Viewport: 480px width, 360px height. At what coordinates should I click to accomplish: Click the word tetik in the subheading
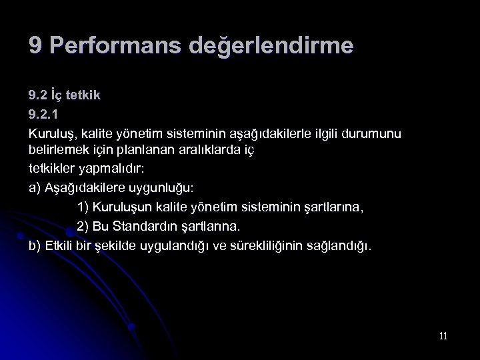83,95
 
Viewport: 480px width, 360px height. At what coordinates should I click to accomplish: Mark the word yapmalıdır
119,169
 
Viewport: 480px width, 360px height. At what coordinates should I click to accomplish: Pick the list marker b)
35,245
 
